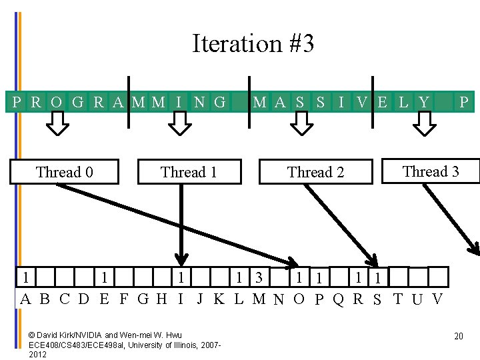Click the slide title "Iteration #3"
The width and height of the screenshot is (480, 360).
[x=253, y=44]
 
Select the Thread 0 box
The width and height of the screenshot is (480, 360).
[x=64, y=172]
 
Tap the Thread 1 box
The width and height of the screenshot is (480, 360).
[x=189, y=172]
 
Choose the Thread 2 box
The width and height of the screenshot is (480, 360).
[x=315, y=172]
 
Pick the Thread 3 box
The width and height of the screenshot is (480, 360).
[x=431, y=171]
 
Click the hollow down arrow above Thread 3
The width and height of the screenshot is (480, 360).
[x=424, y=123]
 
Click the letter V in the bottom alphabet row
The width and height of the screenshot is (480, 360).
[x=437, y=299]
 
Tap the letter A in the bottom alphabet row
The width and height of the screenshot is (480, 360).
[x=25, y=299]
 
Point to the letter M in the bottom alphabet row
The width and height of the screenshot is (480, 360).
[x=259, y=299]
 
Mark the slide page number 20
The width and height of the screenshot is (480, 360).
[x=458, y=336]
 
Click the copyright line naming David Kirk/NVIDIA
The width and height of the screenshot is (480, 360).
[x=105, y=334]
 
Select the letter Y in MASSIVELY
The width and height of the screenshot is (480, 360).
[x=424, y=102]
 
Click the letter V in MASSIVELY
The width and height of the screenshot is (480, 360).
[x=362, y=102]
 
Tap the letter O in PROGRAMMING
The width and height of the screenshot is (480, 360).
[x=57, y=102]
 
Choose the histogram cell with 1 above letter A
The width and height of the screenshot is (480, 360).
[x=25, y=276]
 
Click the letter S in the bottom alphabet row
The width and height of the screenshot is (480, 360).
[x=378, y=299]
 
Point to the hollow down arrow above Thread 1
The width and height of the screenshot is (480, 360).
[x=178, y=123]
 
